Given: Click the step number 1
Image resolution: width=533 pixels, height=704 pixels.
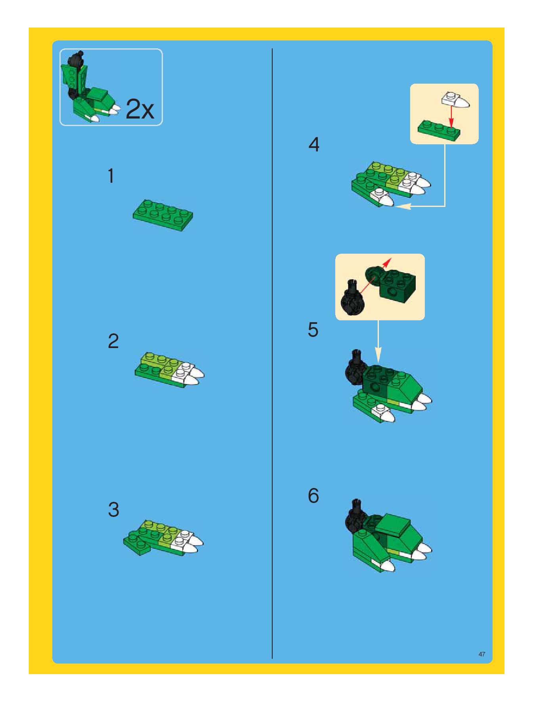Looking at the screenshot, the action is (111, 176).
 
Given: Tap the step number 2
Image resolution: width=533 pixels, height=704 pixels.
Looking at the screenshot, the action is (113, 341).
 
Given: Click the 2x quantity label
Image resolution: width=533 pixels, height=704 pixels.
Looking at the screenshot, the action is (140, 109).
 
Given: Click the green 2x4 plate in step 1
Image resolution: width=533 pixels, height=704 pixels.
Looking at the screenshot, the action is (163, 215).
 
